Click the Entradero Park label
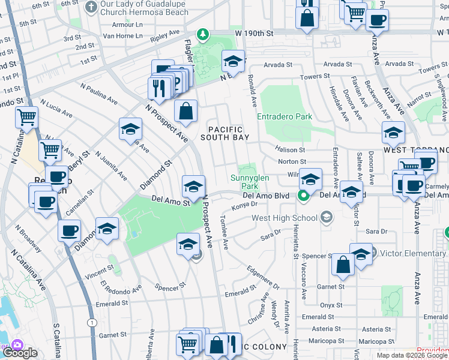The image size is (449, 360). coord(284,116)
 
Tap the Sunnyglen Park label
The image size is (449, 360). coord(250,182)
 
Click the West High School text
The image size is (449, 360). coord(285,218)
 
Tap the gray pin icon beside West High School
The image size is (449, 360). coord(326,217)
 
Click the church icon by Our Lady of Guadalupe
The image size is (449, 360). coord(91,8)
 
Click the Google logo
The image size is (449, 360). coord(20,353)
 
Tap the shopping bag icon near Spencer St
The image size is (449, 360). coord(342,266)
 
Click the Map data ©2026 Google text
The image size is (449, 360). coord(412,355)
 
